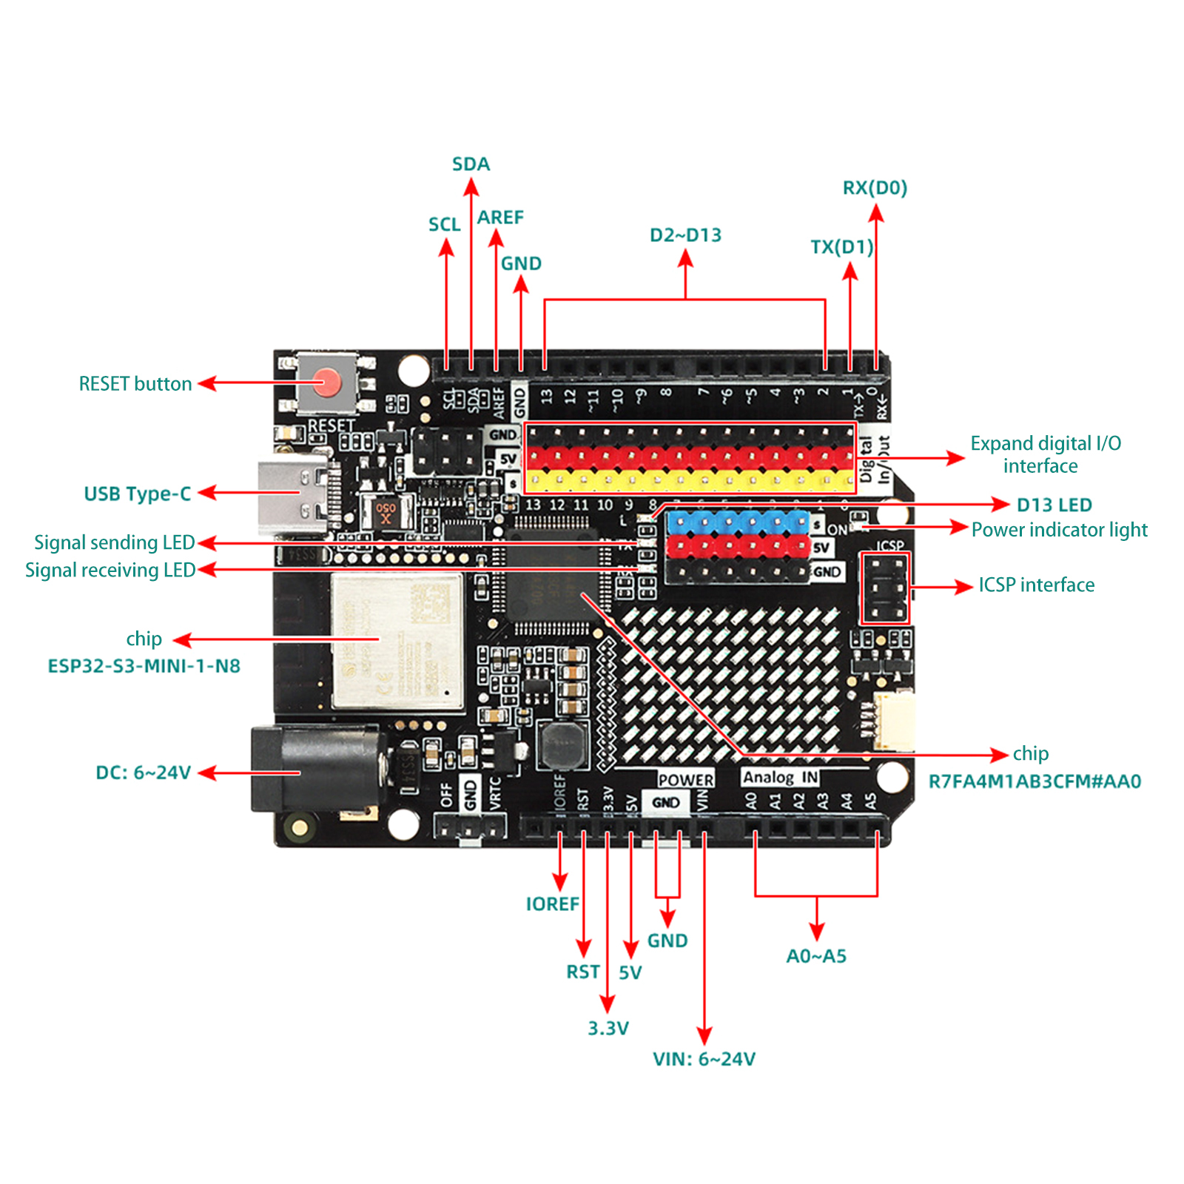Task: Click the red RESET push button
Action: click(x=326, y=383)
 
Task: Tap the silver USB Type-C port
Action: click(x=292, y=494)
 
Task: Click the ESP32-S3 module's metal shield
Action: click(x=397, y=640)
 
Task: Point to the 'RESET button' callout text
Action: click(x=135, y=384)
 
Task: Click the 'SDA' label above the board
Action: click(x=471, y=164)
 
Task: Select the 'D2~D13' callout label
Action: click(x=685, y=235)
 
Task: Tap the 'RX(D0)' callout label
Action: click(x=875, y=188)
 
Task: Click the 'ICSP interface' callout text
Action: click(x=1036, y=585)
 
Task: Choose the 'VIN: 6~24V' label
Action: click(x=704, y=1059)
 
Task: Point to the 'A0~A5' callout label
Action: click(x=815, y=956)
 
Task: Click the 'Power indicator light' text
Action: click(x=1059, y=530)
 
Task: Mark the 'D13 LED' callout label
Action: click(x=1054, y=505)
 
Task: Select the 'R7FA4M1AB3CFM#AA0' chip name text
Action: click(x=1035, y=781)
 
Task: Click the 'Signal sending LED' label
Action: click(x=114, y=542)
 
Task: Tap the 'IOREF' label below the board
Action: click(x=552, y=904)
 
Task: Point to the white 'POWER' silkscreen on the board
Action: click(x=685, y=779)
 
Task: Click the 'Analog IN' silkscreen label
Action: click(x=780, y=777)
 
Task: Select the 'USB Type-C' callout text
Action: click(x=138, y=494)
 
